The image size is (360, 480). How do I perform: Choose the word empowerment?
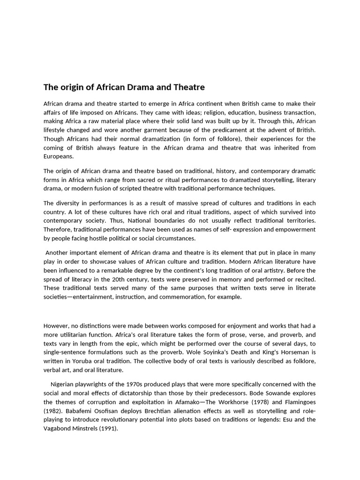click(293, 230)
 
